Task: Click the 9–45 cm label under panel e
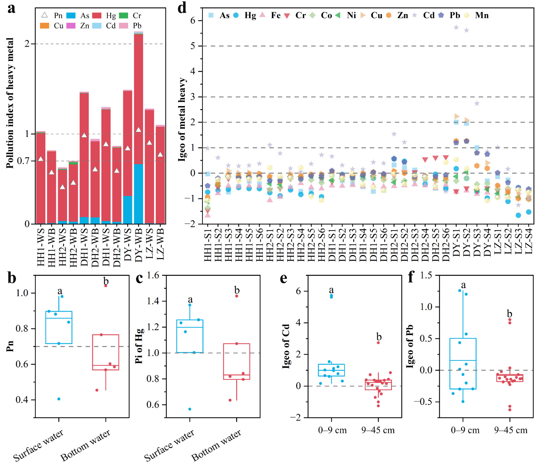click(x=378, y=430)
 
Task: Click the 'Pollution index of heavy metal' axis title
click(x=10, y=103)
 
